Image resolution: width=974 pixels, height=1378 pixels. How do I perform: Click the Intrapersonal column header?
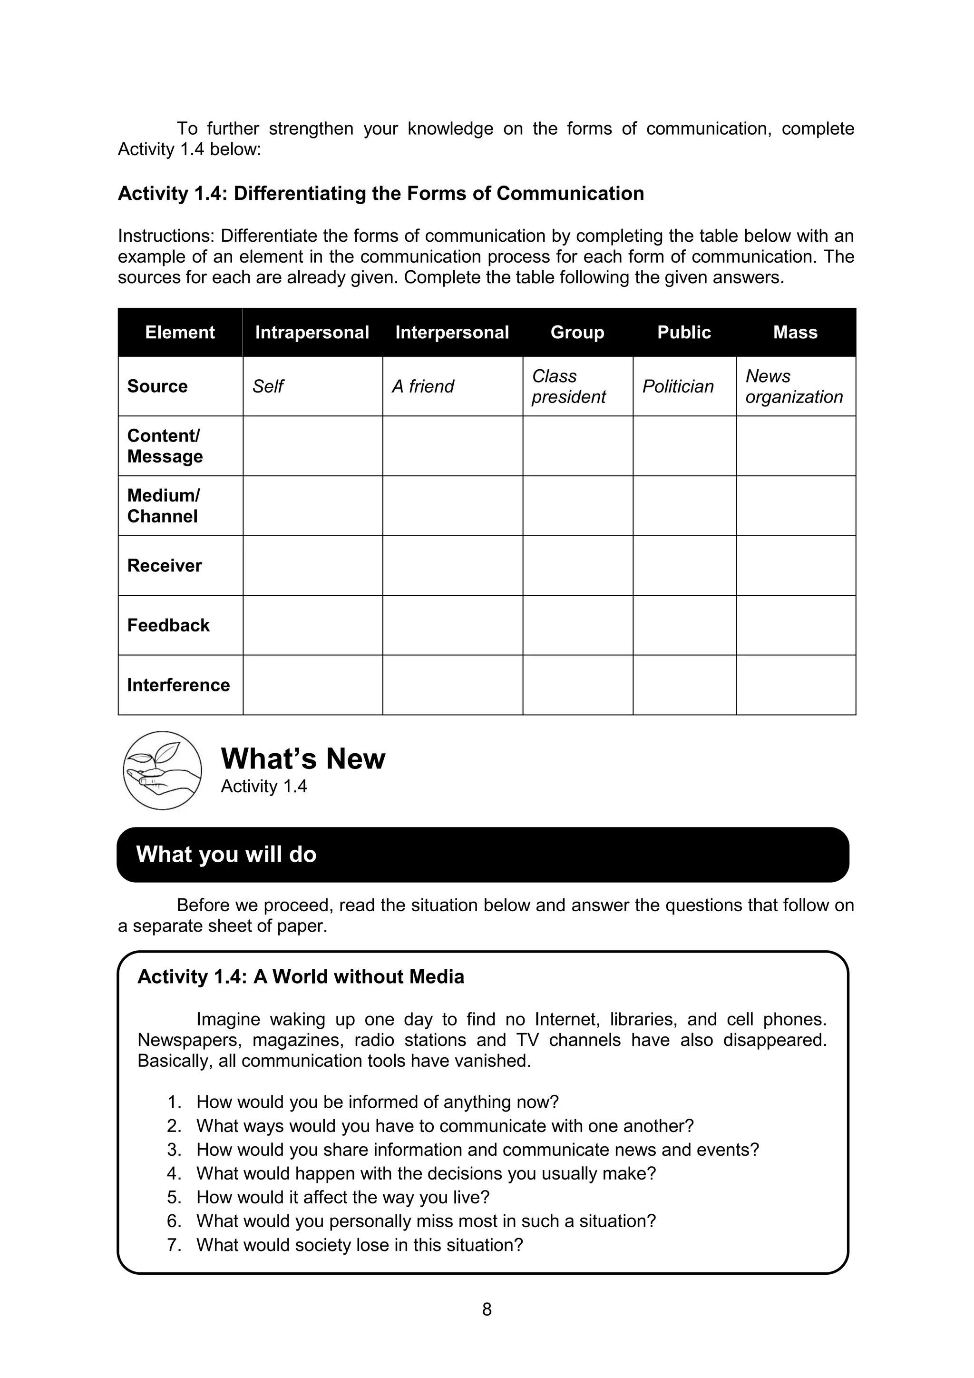312,333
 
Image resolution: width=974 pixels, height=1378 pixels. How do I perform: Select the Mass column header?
795,333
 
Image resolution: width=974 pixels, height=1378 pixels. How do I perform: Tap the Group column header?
577,333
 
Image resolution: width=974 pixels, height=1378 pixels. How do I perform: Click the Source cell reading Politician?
678,386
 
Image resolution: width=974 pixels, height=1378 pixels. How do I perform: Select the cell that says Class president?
569,386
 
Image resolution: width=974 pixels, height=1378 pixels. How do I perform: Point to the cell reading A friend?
423,386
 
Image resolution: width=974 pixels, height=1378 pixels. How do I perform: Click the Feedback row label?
168,625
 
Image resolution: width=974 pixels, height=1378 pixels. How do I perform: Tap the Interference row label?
178,685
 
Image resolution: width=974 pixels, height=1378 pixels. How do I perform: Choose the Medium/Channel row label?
163,506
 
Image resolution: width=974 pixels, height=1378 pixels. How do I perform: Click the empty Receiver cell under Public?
684,565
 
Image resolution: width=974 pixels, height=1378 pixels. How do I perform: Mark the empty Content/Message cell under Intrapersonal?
312,446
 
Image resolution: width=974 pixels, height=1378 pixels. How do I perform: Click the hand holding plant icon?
162,771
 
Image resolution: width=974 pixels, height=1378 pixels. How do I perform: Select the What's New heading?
303,758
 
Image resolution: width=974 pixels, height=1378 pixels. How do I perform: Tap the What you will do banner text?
226,855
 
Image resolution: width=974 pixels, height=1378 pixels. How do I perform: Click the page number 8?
487,1309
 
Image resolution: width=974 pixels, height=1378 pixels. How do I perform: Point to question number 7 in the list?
174,1245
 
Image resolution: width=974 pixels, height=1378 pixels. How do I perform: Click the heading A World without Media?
359,976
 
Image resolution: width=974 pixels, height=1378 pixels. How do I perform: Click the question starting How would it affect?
342,1197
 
